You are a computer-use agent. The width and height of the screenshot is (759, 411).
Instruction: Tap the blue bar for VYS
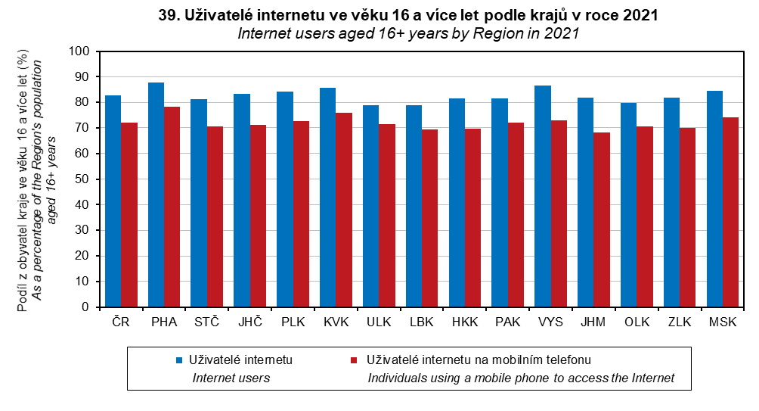[542, 196]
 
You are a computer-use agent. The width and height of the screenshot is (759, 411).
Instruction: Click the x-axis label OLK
[636, 322]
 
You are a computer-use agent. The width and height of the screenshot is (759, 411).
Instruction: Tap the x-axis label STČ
[206, 322]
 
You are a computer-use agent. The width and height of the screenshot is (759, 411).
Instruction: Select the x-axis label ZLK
[679, 322]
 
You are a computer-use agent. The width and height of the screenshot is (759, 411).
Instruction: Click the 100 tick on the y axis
[79, 51]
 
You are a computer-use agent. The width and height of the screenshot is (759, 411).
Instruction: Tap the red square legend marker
[352, 360]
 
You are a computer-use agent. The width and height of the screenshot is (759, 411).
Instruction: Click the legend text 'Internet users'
[231, 378]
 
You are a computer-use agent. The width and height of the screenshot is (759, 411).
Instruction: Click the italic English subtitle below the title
[407, 33]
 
